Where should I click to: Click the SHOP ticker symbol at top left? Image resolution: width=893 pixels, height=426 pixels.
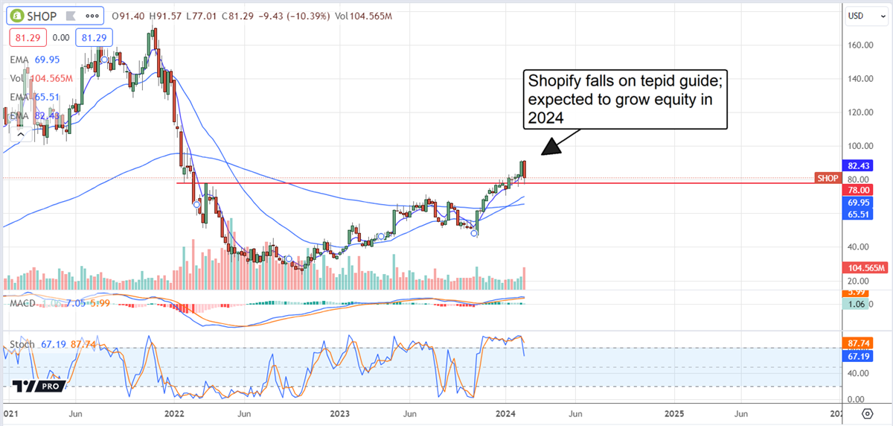42,16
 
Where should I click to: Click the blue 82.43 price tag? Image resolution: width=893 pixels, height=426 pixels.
851,166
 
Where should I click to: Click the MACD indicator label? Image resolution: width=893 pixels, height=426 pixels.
22,302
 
